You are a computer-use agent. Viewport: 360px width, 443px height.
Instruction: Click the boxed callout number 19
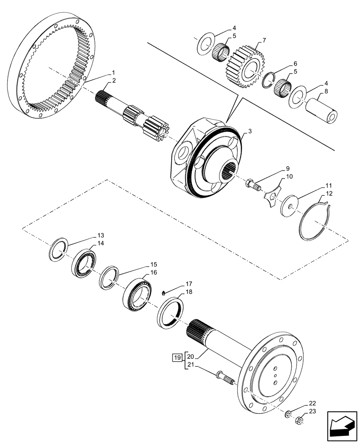[176, 357]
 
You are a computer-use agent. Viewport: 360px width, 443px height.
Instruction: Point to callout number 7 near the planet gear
[264, 40]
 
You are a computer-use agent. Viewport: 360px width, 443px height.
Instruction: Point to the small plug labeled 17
[164, 293]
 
